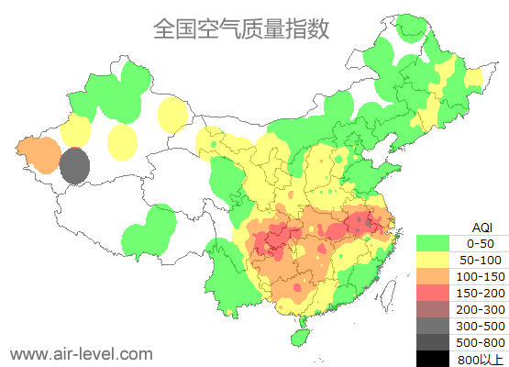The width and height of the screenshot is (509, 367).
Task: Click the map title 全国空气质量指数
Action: point(241,28)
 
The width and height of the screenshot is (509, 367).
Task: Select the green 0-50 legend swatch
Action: point(433,243)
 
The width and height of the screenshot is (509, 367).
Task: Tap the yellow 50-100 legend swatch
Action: point(433,260)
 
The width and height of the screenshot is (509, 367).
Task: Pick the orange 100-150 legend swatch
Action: point(433,276)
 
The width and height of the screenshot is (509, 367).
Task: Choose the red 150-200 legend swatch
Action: point(433,293)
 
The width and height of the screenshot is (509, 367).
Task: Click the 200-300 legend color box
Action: point(433,309)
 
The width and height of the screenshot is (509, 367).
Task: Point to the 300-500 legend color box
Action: point(433,326)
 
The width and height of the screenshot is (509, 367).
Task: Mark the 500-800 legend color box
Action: point(433,342)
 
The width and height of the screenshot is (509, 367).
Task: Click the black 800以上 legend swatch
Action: point(433,359)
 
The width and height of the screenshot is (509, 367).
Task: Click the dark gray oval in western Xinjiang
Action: point(75,166)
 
